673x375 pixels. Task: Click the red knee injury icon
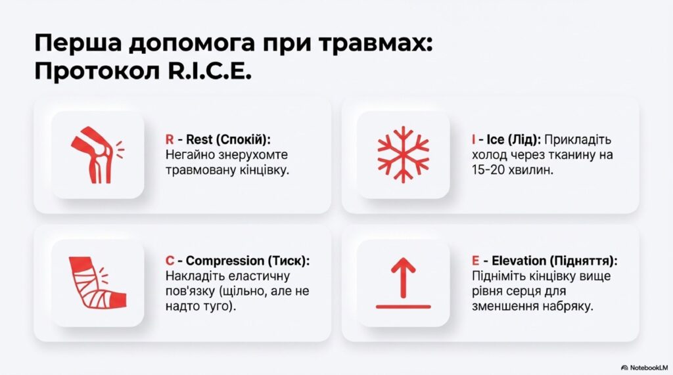pos(97,155)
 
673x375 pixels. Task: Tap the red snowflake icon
pos(403,154)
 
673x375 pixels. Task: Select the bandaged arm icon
pos(97,283)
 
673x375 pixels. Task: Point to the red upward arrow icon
pos(403,283)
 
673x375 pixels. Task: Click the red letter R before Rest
pos(170,139)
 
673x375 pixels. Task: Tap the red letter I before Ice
pos(473,139)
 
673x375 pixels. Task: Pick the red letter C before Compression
pos(170,261)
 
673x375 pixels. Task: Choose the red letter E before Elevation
pos(476,261)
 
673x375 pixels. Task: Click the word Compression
pos(225,261)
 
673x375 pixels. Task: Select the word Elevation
pos(519,261)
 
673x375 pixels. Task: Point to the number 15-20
pos(490,170)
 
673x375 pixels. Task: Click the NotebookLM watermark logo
pos(644,368)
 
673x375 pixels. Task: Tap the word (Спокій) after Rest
pos(243,140)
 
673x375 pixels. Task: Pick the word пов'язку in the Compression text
pos(190,292)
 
